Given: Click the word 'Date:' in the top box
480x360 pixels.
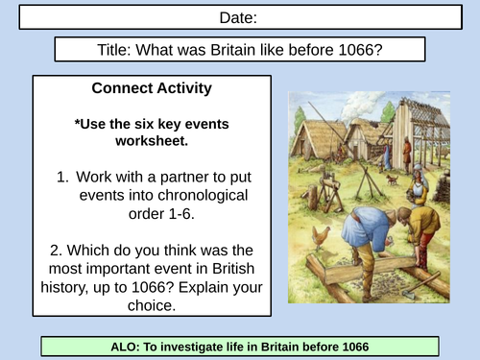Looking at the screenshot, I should pos(240,17).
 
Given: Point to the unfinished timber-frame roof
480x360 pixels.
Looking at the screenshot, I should pos(422,115).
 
